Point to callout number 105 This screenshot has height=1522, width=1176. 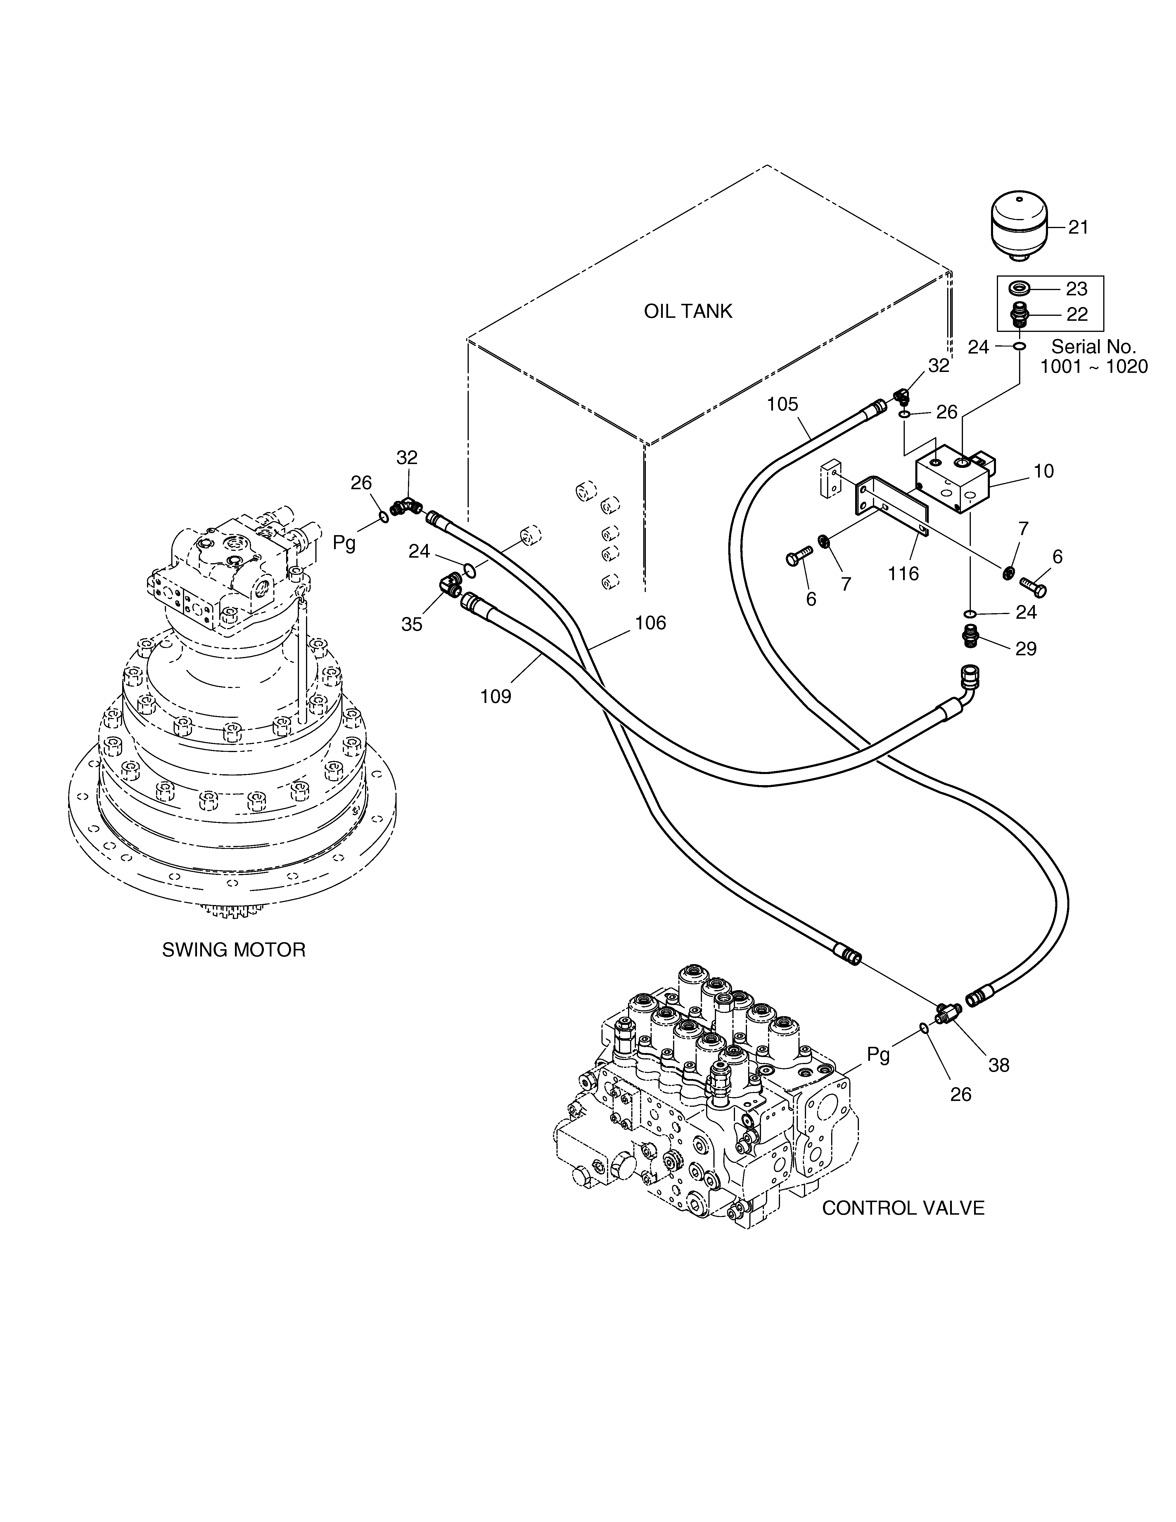tap(782, 404)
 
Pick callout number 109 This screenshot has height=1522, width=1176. tap(496, 696)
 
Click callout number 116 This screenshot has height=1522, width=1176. tap(904, 573)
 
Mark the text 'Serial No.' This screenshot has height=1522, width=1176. tap(1093, 346)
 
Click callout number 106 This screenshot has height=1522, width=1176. tap(650, 622)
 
